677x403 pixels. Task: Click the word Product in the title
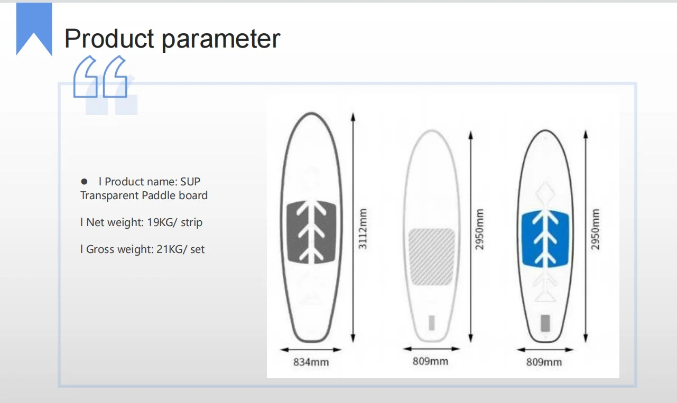pos(109,39)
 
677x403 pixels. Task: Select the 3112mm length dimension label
pos(363,229)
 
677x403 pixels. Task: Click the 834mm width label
pos(311,362)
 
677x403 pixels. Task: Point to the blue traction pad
pos(545,239)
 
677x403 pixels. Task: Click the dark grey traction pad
pos(311,232)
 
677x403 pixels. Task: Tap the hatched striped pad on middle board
pos(432,257)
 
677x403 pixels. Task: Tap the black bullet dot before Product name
pos(84,182)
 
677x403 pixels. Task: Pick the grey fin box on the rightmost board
pos(545,323)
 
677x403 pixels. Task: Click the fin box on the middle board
pos(432,323)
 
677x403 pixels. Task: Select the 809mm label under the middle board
pos(430,361)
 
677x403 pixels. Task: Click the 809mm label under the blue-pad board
pos(544,362)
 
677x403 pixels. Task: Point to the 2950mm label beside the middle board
pos(479,229)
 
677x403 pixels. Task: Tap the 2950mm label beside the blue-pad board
pos(595,229)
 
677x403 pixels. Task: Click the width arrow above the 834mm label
pos(311,350)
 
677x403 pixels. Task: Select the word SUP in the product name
pos(190,182)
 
